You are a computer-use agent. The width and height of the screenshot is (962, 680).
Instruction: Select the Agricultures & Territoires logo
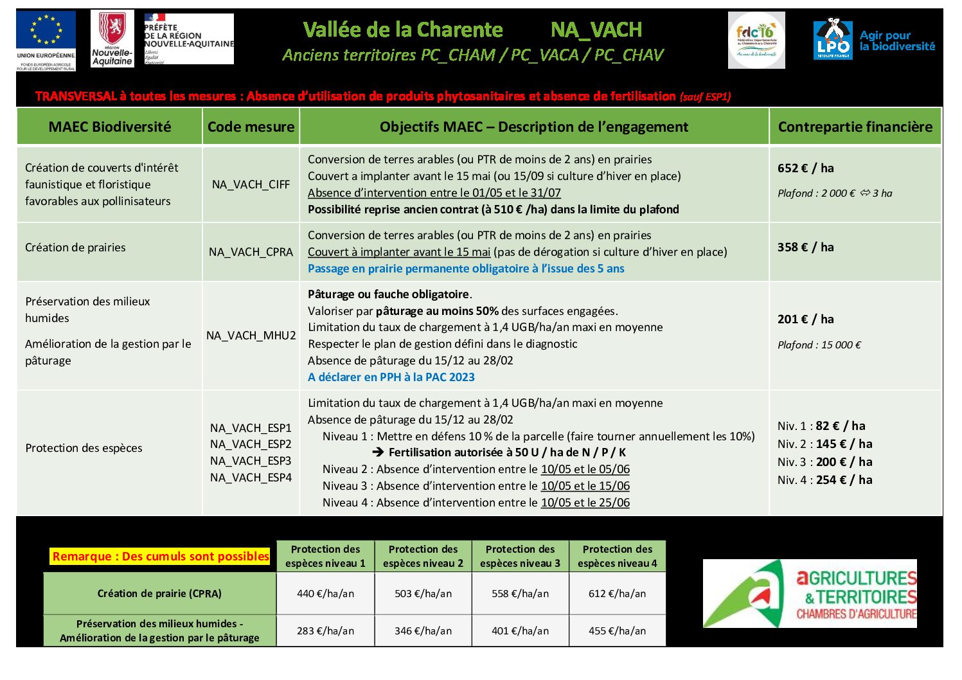pyautogui.click(x=810, y=593)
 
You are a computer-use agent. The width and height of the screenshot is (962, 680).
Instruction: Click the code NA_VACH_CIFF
pyautogui.click(x=251, y=184)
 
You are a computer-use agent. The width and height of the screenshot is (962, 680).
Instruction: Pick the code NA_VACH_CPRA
pyautogui.click(x=251, y=252)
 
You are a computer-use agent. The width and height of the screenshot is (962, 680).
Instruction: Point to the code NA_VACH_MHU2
pyautogui.click(x=251, y=336)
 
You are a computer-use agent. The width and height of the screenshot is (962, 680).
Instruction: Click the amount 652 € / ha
pyautogui.click(x=805, y=168)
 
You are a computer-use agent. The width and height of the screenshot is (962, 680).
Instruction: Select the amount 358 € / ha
pyautogui.click(x=805, y=247)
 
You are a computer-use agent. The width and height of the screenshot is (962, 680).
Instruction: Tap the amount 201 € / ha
pyautogui.click(x=805, y=319)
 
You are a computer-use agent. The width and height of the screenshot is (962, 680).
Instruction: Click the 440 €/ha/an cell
pyautogui.click(x=325, y=594)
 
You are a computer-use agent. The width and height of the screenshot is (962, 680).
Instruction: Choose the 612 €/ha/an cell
pyautogui.click(x=617, y=594)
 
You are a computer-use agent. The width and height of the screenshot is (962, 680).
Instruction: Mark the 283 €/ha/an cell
pyautogui.click(x=325, y=631)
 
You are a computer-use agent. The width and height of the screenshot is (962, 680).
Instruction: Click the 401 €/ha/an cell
pyautogui.click(x=520, y=631)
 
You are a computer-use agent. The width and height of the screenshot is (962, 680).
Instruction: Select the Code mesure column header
pyautogui.click(x=251, y=127)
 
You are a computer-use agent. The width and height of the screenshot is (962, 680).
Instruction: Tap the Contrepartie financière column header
pyautogui.click(x=855, y=127)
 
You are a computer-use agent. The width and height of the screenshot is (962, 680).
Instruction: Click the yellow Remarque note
pyautogui.click(x=161, y=557)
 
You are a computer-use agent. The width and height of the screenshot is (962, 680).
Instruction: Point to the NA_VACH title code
pyautogui.click(x=596, y=30)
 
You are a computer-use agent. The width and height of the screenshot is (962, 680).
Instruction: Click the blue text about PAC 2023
pyautogui.click(x=391, y=377)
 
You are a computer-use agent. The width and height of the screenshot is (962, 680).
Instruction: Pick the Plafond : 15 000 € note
pyautogui.click(x=819, y=345)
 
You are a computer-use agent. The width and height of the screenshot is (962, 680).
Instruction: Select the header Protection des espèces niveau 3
pyautogui.click(x=520, y=556)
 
